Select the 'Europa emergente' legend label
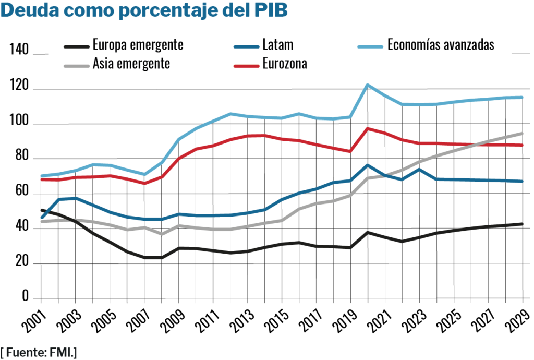pyautogui.click(x=138, y=45)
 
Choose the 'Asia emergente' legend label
pyautogui.click(x=131, y=64)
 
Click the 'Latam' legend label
pyautogui.click(x=278, y=45)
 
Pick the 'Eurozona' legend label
pyautogui.click(x=285, y=64)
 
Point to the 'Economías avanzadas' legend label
pyautogui.click(x=441, y=45)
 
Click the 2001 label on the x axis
pyautogui.click(x=35, y=320)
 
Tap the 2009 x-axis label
pyautogui.click(x=172, y=320)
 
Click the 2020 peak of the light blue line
pyautogui.click(x=368, y=85)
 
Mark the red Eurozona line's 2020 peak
pyautogui.click(x=368, y=128)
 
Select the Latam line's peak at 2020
pyautogui.click(x=368, y=165)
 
